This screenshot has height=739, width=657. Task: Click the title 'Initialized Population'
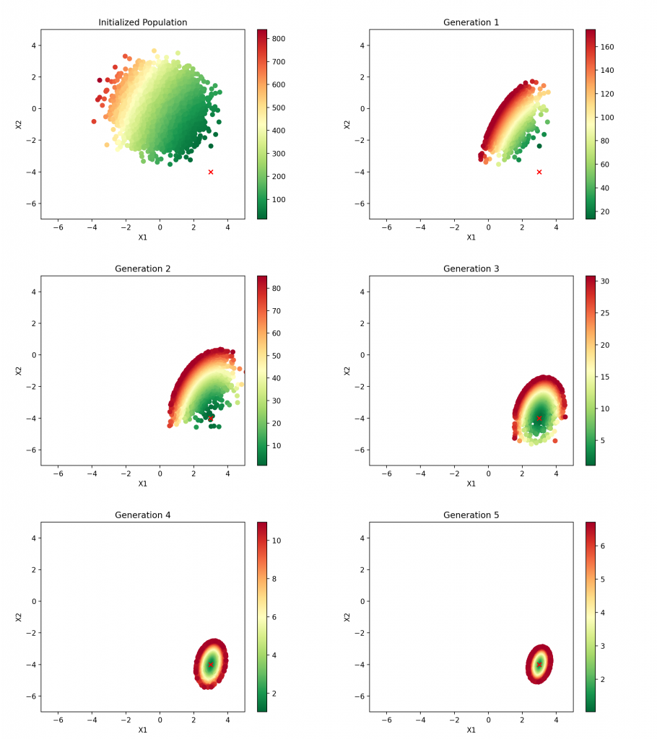[142, 22]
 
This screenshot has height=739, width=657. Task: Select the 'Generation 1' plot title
[471, 22]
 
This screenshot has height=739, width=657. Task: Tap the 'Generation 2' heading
[142, 269]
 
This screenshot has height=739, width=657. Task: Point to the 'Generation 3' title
[471, 269]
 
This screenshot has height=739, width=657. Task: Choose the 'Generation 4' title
[142, 515]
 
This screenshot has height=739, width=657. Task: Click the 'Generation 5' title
[471, 515]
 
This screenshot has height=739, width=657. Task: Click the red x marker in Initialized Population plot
[211, 172]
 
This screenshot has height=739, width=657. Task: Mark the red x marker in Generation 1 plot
[539, 172]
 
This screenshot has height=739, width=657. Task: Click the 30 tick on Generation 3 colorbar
[606, 281]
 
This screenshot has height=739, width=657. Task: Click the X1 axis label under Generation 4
[142, 730]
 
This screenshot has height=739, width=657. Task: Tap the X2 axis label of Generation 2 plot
[19, 370]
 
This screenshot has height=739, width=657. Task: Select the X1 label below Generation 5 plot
[471, 730]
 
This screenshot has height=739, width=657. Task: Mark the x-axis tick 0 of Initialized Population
[160, 227]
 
